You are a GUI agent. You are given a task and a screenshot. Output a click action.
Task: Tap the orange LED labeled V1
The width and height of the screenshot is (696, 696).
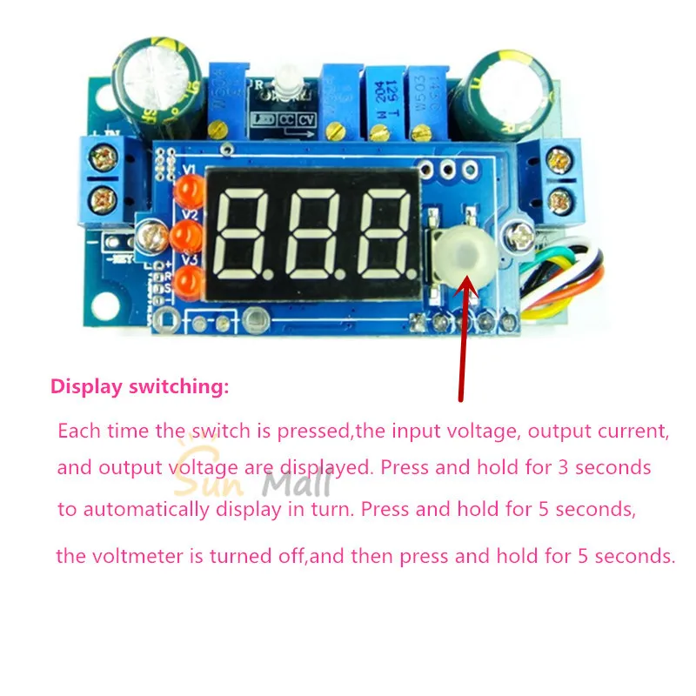click(x=187, y=190)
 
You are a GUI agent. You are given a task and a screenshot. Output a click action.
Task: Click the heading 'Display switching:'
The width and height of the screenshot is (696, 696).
click(x=140, y=387)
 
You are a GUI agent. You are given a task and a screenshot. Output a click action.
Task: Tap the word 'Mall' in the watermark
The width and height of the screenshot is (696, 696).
click(x=297, y=483)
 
